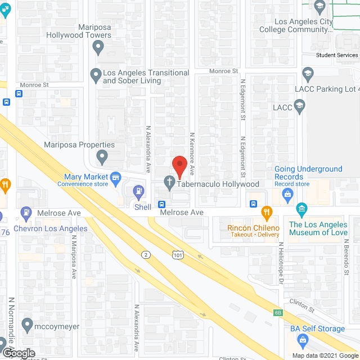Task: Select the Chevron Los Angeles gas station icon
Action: [x=26, y=213]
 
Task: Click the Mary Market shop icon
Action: [x=116, y=179]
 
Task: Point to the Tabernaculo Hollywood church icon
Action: [x=168, y=182]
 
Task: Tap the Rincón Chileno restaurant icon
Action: [x=267, y=213]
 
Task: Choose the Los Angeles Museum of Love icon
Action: [x=301, y=210]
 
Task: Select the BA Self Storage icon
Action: [x=303, y=339]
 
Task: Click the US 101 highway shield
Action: [x=177, y=255]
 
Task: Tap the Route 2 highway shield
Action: [x=146, y=255]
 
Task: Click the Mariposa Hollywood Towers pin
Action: [x=98, y=49]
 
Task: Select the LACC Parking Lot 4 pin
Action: [x=307, y=74]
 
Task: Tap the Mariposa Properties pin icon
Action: [x=102, y=156]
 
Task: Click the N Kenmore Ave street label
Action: [x=192, y=153]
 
